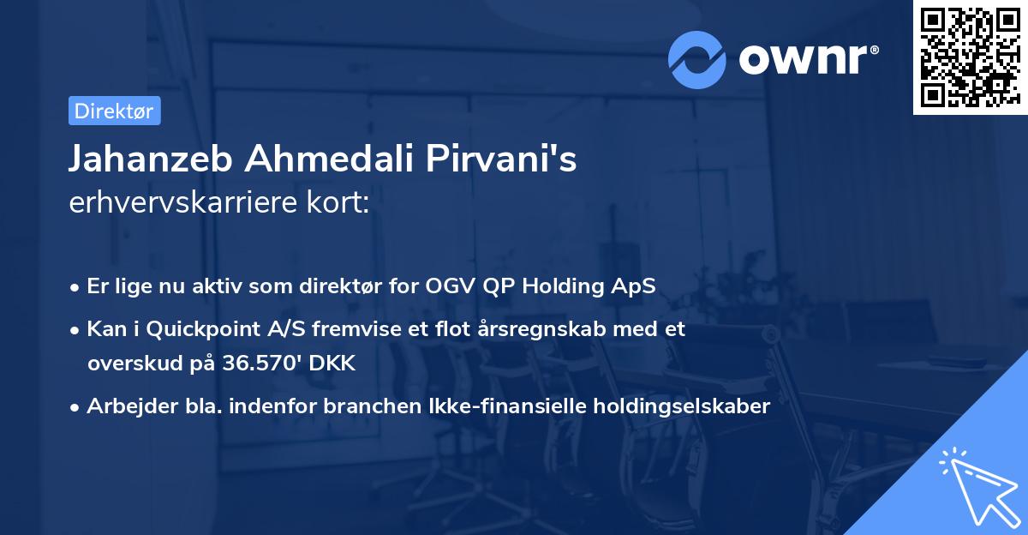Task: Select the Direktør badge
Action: (114, 111)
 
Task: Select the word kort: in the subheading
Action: (339, 202)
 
